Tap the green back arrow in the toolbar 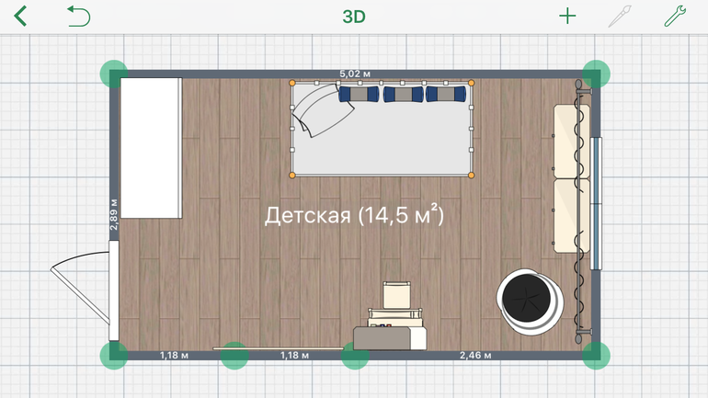[x=20, y=17]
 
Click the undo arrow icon [x=78, y=17]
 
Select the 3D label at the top [x=354, y=17]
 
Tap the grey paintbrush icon [x=620, y=17]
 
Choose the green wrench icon [x=675, y=17]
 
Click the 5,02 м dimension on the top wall [x=355, y=74]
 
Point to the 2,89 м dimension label [x=114, y=214]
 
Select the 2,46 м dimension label [x=475, y=356]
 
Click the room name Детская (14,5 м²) [x=354, y=215]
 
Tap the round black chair [x=530, y=301]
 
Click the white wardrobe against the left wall [x=152, y=148]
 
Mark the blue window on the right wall [x=596, y=203]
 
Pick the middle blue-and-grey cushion [x=404, y=94]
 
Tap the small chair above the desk [x=396, y=295]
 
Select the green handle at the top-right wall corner [x=596, y=74]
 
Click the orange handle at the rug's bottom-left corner [x=292, y=175]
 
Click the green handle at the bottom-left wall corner [x=114, y=356]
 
